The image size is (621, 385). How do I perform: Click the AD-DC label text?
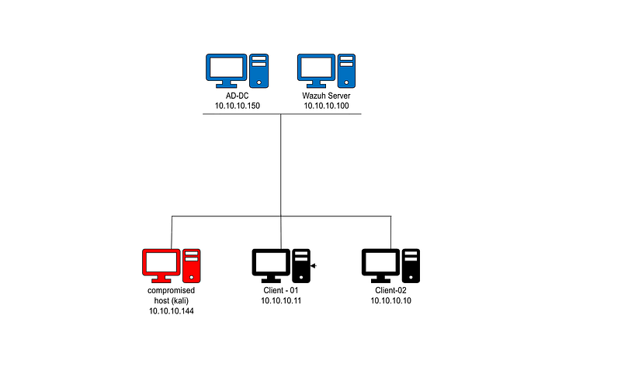[x=238, y=96]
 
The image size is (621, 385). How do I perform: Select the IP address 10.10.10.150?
[x=238, y=106]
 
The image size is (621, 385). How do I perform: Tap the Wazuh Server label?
[x=326, y=96]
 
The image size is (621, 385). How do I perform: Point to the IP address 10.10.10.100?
[x=326, y=106]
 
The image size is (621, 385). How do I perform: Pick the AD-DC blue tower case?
[x=259, y=71]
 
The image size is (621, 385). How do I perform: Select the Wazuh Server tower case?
[x=346, y=71]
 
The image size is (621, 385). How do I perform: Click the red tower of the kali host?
[x=192, y=265]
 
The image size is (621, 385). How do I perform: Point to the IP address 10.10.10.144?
[x=171, y=311]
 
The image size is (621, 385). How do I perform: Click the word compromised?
[x=171, y=291]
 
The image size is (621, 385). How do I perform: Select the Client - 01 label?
[x=281, y=291]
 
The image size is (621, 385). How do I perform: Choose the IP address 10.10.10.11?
[x=281, y=301]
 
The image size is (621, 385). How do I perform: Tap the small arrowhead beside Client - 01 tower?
[x=314, y=265]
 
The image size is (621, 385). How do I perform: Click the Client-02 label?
[x=391, y=291]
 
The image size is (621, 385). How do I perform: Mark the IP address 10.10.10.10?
[x=391, y=301]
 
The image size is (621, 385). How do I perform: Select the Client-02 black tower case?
[x=411, y=265]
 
